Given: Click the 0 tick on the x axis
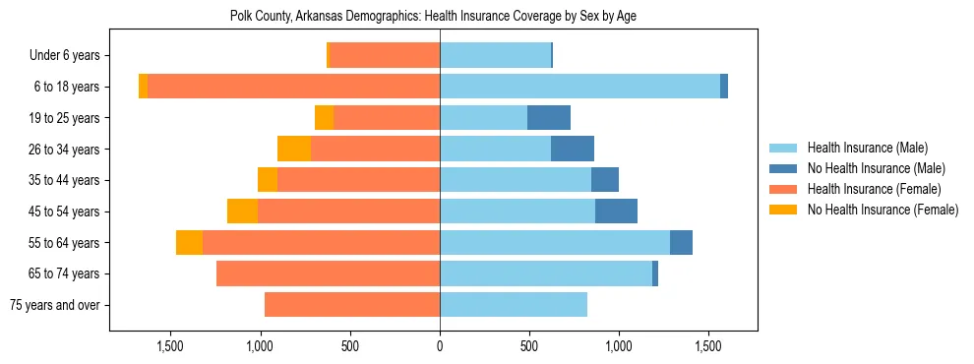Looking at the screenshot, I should tap(440, 347).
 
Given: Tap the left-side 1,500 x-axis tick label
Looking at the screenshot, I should tap(171, 347).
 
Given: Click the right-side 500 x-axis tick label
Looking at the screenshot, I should tap(529, 347).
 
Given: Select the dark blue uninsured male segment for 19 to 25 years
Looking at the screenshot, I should tap(549, 118).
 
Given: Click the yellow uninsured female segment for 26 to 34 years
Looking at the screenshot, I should tap(294, 149).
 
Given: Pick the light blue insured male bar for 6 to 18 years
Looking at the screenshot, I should tap(579, 87).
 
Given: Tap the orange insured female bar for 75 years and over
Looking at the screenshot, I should tap(352, 305).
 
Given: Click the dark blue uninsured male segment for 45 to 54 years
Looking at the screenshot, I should tap(616, 212).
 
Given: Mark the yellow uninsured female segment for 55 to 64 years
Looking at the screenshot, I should tap(189, 243).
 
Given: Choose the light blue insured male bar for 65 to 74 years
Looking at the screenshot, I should tap(546, 273).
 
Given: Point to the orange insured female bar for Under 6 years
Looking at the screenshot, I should tap(384, 56).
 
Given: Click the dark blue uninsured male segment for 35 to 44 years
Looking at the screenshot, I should tap(605, 180).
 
